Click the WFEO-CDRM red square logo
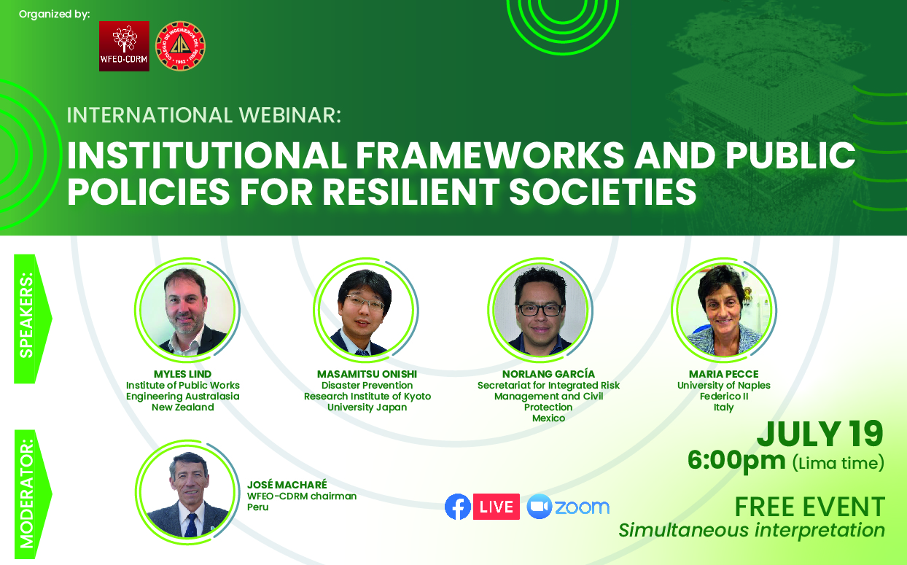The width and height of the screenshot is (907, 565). tap(124, 46)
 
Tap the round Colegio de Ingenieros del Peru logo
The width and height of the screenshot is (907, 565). tap(181, 46)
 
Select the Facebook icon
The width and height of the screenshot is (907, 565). tap(458, 506)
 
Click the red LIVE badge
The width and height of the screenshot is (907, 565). tap(497, 507)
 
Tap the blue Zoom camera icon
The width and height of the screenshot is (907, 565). tap(540, 506)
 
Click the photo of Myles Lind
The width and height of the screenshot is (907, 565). tap(187, 310)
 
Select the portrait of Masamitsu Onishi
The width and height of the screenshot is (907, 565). tap(365, 310)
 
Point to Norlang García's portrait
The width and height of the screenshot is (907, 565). tap(540, 310)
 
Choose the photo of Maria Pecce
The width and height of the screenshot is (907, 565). tap(723, 310)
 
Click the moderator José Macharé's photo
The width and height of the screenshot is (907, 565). tap(187, 492)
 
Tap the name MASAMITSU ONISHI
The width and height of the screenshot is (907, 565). tap(367, 374)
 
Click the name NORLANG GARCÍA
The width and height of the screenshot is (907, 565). tap(548, 373)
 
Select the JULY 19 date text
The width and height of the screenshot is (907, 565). tap(820, 434)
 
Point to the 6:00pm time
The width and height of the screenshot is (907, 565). tap(736, 461)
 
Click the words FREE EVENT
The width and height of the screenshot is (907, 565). tap(810, 507)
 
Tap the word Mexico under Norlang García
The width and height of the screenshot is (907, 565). tap(548, 418)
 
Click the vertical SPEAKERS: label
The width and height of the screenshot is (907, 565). tap(27, 315)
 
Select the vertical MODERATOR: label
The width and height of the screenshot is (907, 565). tap(27, 494)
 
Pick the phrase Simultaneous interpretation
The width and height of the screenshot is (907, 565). tap(752, 531)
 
